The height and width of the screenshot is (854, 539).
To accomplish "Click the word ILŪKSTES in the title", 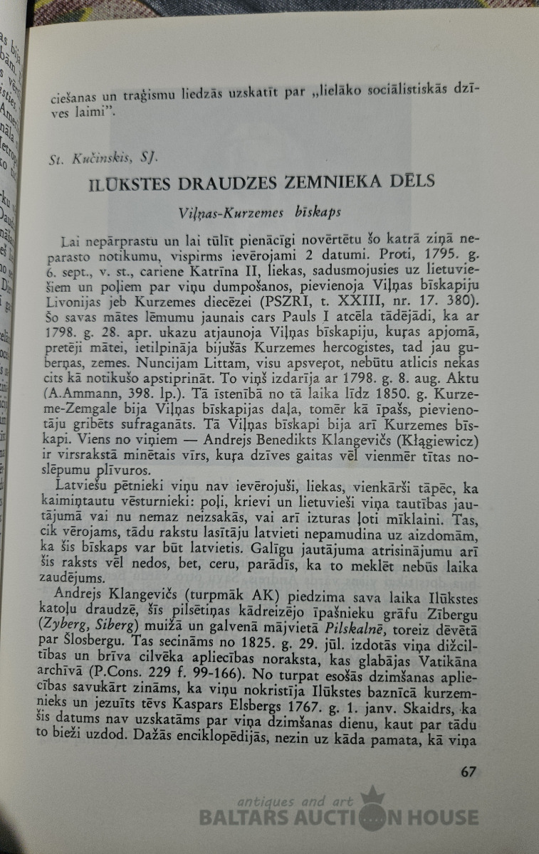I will click(x=133, y=184).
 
